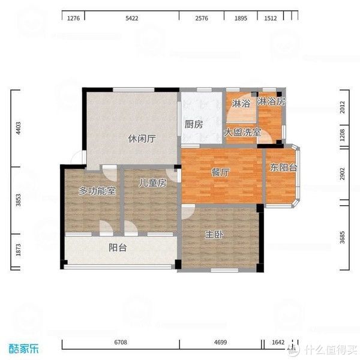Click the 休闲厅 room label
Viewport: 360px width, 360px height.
pyautogui.click(x=142, y=139)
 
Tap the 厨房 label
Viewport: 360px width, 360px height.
pyautogui.click(x=193, y=125)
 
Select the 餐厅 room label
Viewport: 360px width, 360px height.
pyautogui.click(x=220, y=172)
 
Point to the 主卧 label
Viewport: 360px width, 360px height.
pyautogui.click(x=214, y=235)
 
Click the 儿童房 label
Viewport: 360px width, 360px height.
pyautogui.click(x=152, y=183)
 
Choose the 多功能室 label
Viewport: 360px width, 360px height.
pyautogui.click(x=97, y=191)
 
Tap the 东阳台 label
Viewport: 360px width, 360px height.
pyautogui.click(x=283, y=168)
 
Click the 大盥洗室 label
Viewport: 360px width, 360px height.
pyautogui.click(x=242, y=132)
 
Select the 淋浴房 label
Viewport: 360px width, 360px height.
pyautogui.click(x=271, y=102)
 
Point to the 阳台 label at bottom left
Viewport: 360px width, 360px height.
pyautogui.click(x=118, y=247)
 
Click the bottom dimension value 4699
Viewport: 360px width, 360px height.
pyautogui.click(x=220, y=342)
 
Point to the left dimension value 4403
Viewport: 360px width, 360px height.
pyautogui.click(x=19, y=128)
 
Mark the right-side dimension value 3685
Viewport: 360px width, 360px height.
pyautogui.click(x=343, y=238)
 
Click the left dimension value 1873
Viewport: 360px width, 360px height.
pyautogui.click(x=19, y=249)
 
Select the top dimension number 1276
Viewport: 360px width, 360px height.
pyautogui.click(x=73, y=19)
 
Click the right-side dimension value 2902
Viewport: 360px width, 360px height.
pyautogui.click(x=343, y=174)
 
